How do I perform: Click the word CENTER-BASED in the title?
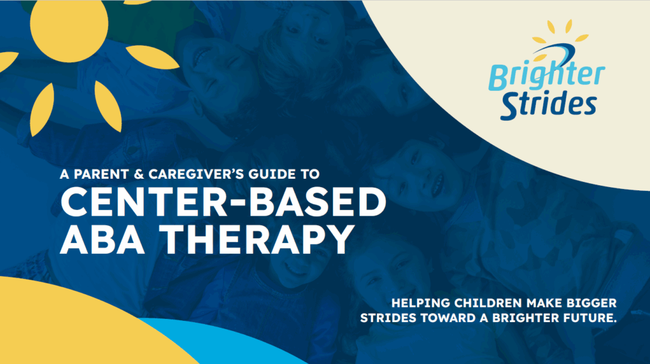[223, 202]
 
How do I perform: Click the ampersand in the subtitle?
[138, 174]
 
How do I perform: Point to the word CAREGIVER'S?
[196, 174]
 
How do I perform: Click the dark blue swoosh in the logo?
[555, 51]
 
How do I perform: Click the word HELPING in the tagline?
[421, 303]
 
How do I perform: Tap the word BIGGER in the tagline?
[592, 303]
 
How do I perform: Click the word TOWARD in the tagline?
[449, 318]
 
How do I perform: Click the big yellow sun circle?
[69, 25]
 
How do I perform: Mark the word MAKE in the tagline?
[544, 303]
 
